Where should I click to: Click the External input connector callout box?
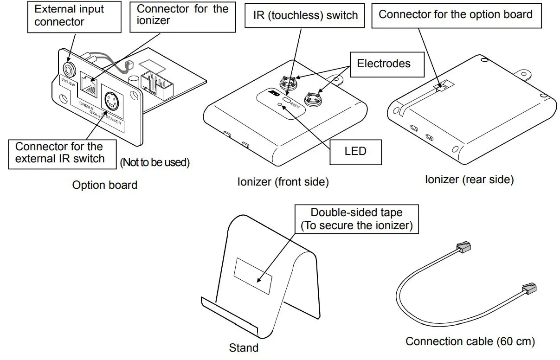pos(69,16)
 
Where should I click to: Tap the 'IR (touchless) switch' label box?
pos(306,15)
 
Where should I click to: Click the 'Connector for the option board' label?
pos(455,15)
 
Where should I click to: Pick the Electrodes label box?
pos(383,64)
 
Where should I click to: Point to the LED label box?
pos(355,151)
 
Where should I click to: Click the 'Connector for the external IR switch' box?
pos(59,153)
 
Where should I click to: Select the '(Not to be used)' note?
pos(155,163)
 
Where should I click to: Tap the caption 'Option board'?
pos(104,185)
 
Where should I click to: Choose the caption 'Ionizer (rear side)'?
pos(469,180)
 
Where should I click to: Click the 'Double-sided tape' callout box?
pos(356,219)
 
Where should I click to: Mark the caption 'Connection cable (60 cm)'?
pos(470,342)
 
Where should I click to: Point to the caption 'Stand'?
pos(244,347)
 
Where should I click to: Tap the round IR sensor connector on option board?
pos(111,100)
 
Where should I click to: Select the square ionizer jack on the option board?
pos(89,85)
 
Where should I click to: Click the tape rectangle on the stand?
pos(252,276)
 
